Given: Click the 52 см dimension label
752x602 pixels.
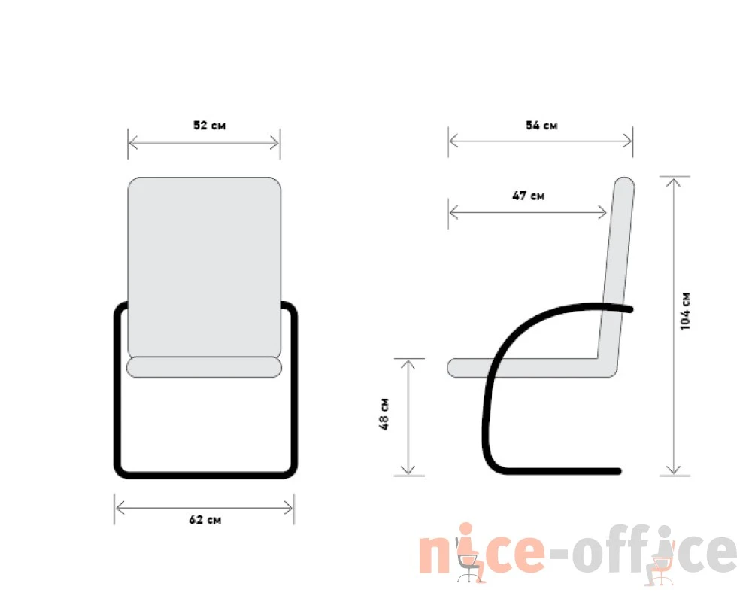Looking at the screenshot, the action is (x=209, y=126).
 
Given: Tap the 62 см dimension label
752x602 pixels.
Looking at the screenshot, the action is (x=205, y=519).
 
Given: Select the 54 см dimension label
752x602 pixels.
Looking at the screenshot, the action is (x=541, y=126).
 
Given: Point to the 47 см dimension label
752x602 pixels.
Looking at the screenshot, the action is (x=528, y=196).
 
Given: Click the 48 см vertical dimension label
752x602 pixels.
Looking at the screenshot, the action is (x=384, y=414).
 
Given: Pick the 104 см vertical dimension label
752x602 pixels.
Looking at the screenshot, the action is (x=685, y=311).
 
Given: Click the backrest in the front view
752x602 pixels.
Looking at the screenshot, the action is (x=205, y=267).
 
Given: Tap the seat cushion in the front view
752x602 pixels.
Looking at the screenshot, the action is (x=205, y=366).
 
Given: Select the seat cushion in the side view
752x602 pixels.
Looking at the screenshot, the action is (x=523, y=368).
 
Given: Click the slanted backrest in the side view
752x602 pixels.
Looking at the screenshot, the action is (x=617, y=269).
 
